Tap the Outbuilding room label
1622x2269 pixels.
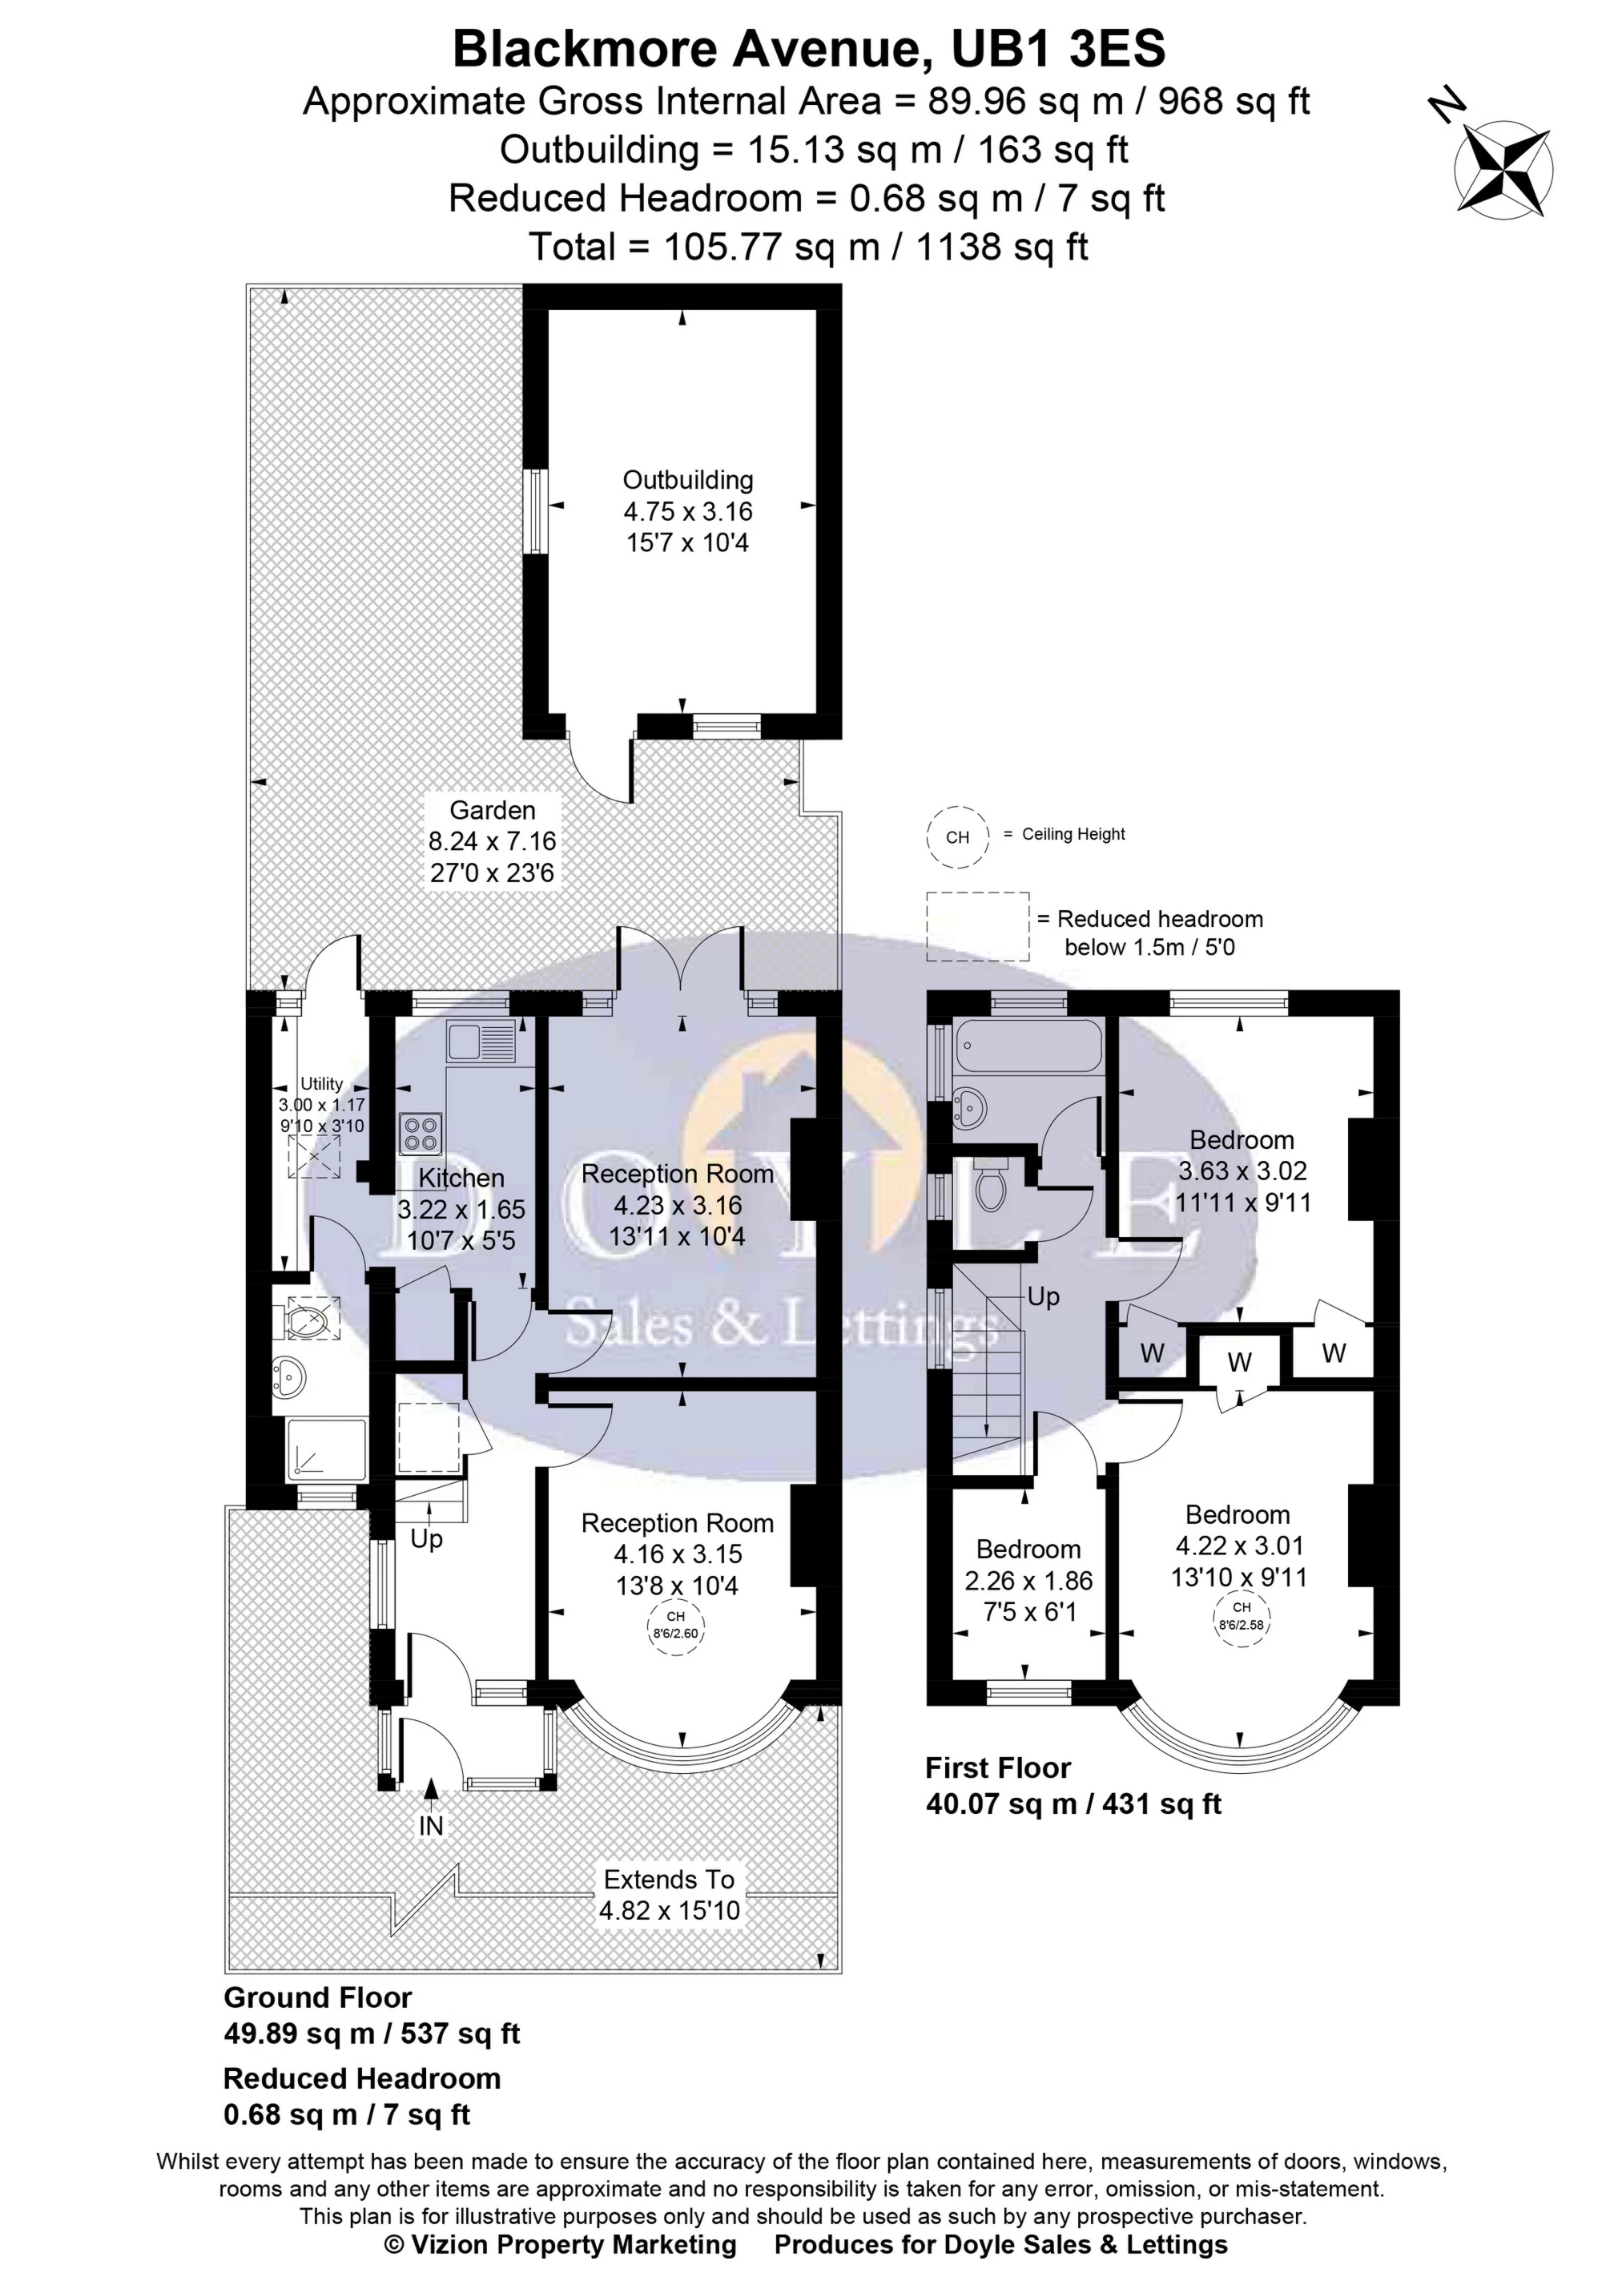[687, 480]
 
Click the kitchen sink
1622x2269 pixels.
[482, 1042]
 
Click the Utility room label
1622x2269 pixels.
[322, 1084]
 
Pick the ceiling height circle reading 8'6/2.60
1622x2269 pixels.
[676, 1625]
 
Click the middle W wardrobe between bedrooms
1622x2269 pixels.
[1239, 1362]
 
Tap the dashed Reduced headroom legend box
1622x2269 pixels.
[976, 926]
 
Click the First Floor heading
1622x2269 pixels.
[998, 1767]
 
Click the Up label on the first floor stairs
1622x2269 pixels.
[1043, 1297]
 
